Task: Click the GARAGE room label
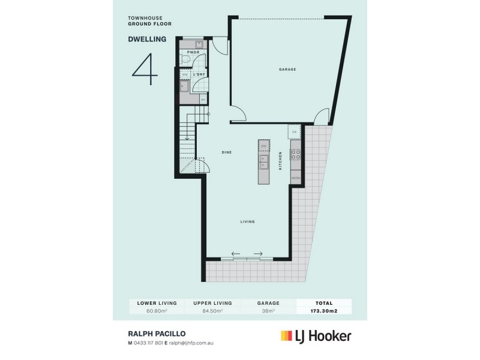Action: tap(287, 70)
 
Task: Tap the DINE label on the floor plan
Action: tap(227, 152)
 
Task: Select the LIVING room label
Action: tap(248, 221)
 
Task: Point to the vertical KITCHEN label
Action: tap(280, 160)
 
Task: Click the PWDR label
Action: tap(193, 53)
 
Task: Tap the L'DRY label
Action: tap(199, 74)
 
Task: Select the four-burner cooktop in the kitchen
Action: tap(295, 154)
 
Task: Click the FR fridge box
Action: tap(294, 131)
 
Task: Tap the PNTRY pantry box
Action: tap(295, 178)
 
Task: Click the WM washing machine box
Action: tap(185, 74)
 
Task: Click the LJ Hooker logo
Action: tap(315, 336)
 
